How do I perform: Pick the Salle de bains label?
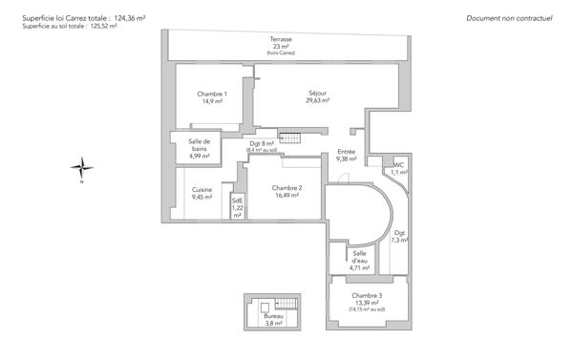coord(199,146)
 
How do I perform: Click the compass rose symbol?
coord(83,169)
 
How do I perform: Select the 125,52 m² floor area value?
coord(98,27)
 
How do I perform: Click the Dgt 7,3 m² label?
coord(400,236)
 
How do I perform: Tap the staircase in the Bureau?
coord(287,304)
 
